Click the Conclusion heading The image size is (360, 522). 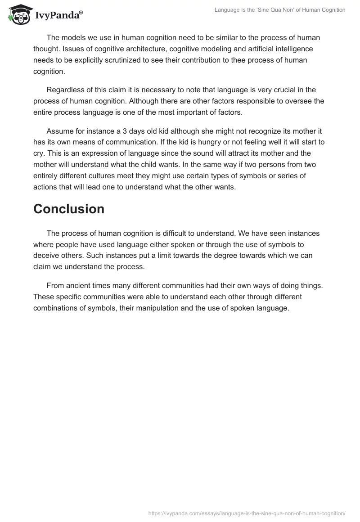coord(69,209)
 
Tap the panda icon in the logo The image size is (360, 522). coord(18,14)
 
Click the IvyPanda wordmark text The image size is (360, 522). coord(58,15)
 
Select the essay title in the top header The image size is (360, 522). coord(280,10)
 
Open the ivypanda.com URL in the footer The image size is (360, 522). coord(246,513)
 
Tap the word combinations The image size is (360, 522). coord(56,308)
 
